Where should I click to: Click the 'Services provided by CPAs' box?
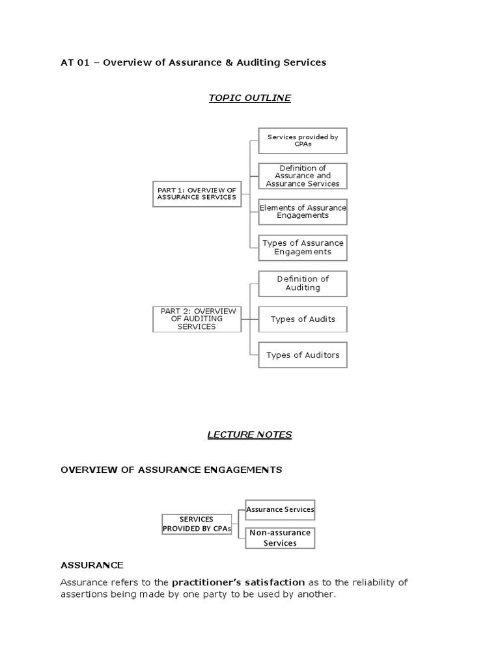click(x=303, y=140)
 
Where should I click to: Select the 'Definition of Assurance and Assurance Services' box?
click(x=303, y=176)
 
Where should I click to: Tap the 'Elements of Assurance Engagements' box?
click(x=303, y=211)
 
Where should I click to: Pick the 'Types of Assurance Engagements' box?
click(x=303, y=247)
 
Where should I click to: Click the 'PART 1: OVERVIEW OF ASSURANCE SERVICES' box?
click(x=197, y=193)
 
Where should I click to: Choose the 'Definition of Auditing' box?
click(x=303, y=284)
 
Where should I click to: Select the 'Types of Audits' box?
click(x=303, y=319)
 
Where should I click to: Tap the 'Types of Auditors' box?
click(x=303, y=355)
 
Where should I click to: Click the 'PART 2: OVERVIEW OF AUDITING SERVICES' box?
click(x=197, y=319)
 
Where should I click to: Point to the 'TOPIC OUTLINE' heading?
click(x=249, y=98)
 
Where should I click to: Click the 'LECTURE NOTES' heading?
click(x=249, y=435)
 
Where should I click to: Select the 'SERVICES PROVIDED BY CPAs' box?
click(x=197, y=524)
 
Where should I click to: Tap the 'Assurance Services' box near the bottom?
click(x=280, y=509)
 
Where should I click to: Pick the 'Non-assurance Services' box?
click(x=280, y=538)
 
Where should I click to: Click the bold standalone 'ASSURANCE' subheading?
click(x=92, y=565)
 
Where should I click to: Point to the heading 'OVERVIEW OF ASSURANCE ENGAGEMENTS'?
click(x=171, y=470)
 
